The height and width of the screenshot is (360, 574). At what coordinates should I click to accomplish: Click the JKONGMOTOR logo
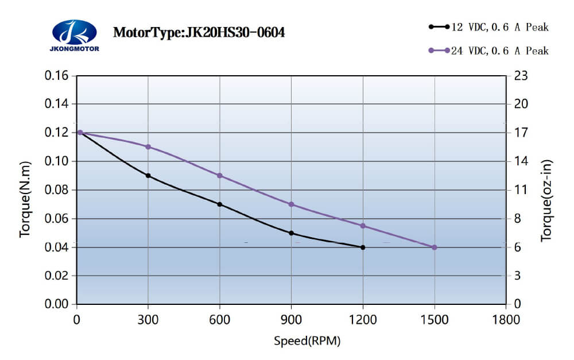75,35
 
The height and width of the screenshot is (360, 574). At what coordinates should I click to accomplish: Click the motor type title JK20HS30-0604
199,32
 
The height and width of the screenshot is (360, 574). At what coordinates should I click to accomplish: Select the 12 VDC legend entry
488,27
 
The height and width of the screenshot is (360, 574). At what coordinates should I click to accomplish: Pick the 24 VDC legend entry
488,51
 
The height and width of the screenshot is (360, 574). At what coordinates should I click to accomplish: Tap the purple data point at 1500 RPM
434,247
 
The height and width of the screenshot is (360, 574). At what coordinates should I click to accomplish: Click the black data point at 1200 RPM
363,247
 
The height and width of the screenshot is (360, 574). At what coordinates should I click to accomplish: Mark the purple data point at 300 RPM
148,147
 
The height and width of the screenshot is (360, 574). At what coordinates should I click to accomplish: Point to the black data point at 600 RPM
220,204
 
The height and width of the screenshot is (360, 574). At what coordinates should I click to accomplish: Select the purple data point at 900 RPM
291,204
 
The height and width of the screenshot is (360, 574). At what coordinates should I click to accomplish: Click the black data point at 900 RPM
291,233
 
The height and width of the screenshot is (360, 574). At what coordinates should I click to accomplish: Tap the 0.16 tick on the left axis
57,76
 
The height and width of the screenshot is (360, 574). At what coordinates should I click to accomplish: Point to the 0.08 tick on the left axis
57,190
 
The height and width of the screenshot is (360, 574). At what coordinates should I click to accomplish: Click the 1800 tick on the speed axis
505,319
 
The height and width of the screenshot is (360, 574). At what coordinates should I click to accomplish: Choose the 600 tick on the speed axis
220,319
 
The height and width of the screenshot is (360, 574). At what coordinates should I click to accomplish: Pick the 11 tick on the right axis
520,190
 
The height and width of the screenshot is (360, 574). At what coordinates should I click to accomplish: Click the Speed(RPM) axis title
307,341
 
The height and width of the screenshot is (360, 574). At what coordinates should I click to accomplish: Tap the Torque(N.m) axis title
25,199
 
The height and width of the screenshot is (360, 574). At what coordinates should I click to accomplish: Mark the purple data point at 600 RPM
220,176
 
